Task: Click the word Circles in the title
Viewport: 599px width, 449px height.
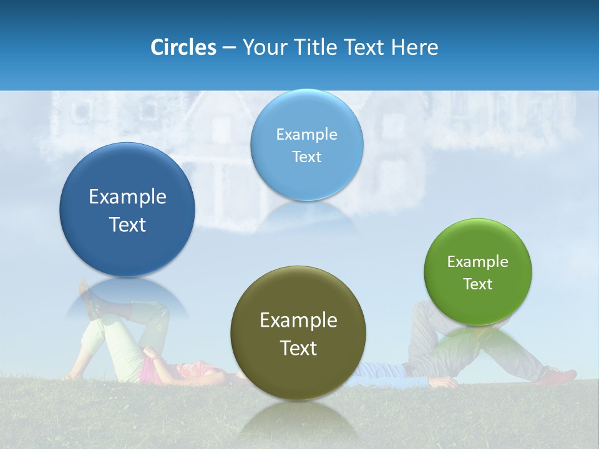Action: pyautogui.click(x=183, y=47)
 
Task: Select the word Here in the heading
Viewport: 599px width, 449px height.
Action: pyautogui.click(x=414, y=47)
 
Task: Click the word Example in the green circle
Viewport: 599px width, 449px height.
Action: pyautogui.click(x=478, y=262)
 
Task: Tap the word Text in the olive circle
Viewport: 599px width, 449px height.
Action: pyautogui.click(x=298, y=348)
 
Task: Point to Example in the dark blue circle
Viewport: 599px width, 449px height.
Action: pyautogui.click(x=127, y=197)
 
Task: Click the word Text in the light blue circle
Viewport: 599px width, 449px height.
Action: pyautogui.click(x=306, y=157)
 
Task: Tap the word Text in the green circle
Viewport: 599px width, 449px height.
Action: pyautogui.click(x=478, y=284)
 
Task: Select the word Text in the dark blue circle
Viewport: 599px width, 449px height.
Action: pyautogui.click(x=127, y=224)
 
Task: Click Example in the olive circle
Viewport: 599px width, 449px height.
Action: pyautogui.click(x=298, y=321)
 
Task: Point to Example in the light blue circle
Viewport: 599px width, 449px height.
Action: pyautogui.click(x=306, y=135)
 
